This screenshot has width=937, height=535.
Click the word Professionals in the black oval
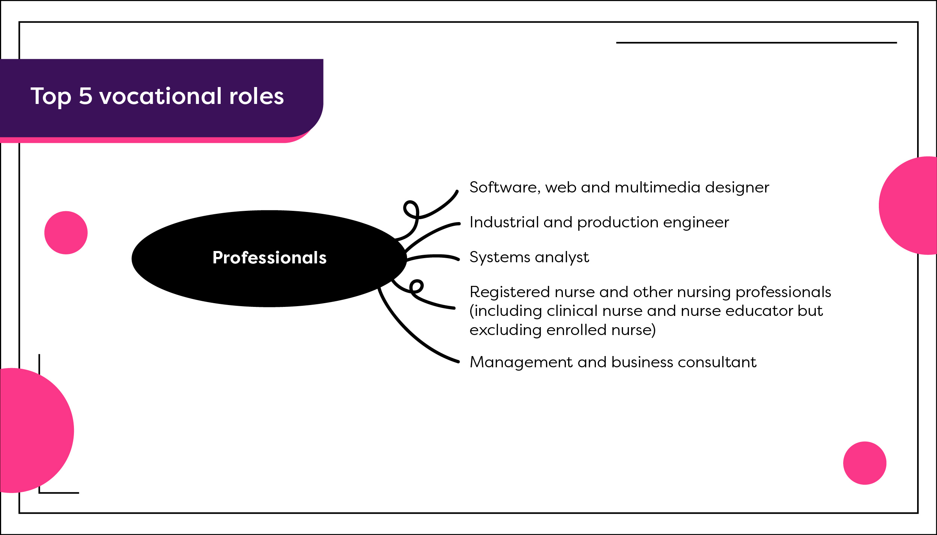(x=269, y=258)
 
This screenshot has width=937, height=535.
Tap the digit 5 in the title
(x=86, y=96)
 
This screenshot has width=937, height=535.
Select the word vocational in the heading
(x=161, y=96)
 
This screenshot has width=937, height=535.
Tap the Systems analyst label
(x=529, y=257)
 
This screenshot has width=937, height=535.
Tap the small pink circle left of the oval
(x=66, y=233)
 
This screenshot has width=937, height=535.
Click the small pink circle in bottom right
(x=865, y=463)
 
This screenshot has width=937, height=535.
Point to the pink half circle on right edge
(x=912, y=206)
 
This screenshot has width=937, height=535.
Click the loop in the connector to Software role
(x=411, y=209)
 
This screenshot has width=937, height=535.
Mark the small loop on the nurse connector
(x=417, y=287)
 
